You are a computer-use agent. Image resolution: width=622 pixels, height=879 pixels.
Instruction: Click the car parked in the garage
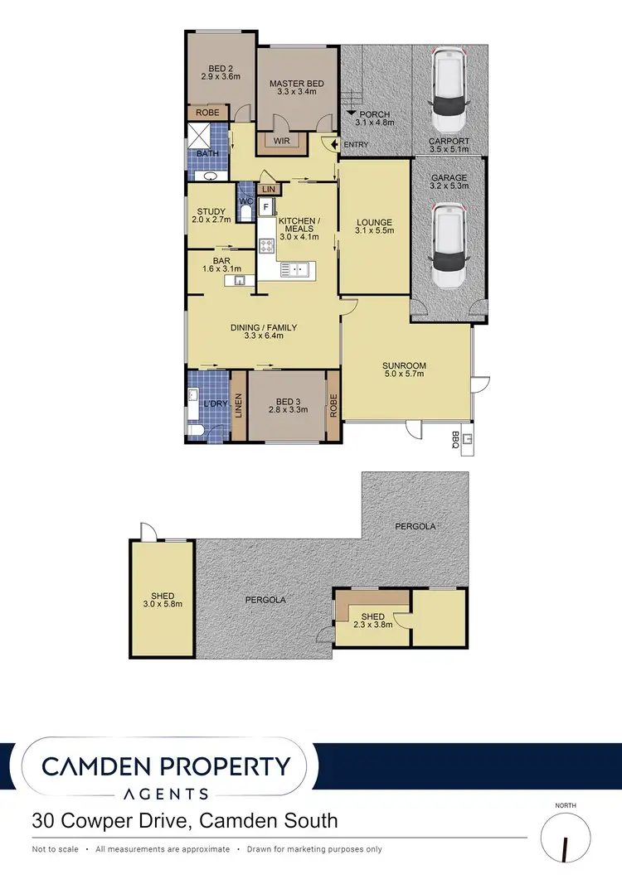pos(449,246)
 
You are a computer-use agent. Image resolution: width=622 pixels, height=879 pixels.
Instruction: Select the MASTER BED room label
pos(296,84)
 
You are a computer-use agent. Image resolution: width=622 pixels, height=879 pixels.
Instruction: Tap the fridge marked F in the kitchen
pos(265,205)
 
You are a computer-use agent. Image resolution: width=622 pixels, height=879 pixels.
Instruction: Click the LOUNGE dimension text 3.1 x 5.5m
pos(374,232)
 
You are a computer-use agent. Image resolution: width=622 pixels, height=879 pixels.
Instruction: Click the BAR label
pos(221,260)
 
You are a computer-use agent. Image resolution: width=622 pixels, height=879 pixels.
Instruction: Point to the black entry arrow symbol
pos(334,145)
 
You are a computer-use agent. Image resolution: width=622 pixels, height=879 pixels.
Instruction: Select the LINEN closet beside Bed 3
pos(238,404)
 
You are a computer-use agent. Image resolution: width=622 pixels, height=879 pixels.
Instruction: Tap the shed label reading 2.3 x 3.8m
pos(373,621)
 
